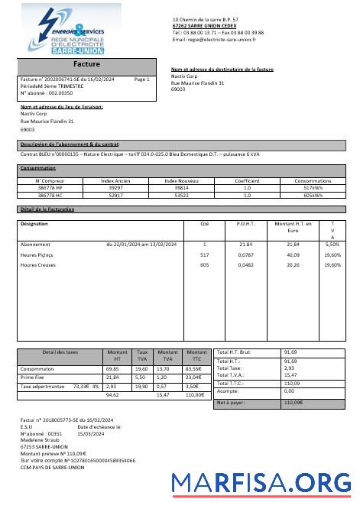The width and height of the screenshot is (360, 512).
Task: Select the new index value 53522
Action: [x=181, y=195]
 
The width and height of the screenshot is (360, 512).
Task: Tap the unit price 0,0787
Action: [x=246, y=254]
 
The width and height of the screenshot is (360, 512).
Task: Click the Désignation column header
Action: [x=34, y=224]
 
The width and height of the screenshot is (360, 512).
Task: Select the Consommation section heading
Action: [x=38, y=167]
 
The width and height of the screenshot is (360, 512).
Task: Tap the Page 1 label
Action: [x=141, y=79]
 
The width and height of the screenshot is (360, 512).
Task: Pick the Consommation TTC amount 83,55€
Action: [x=196, y=368]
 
